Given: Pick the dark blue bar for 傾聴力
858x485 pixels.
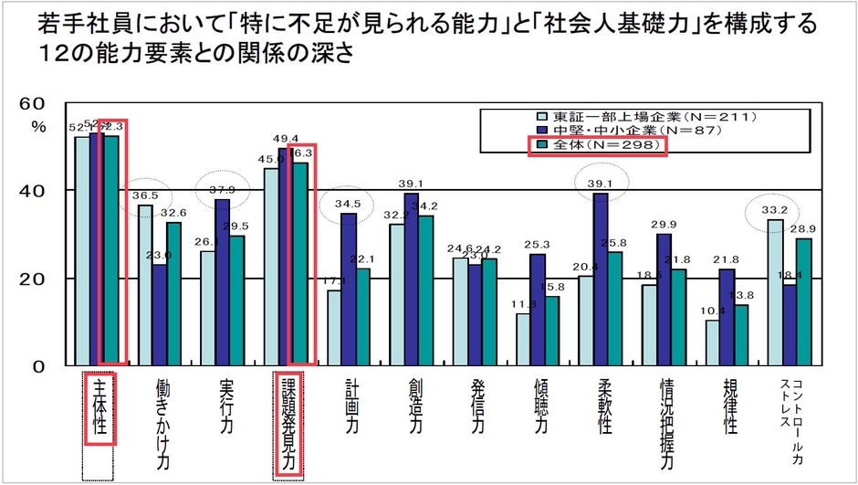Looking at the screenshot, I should (x=539, y=310).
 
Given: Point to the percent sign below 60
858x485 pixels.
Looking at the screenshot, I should (x=37, y=126).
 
